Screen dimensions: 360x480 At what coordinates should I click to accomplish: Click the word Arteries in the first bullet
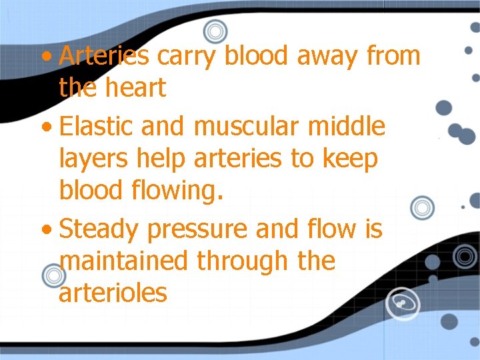coord(104,56)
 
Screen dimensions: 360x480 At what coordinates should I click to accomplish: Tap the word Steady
coord(100,229)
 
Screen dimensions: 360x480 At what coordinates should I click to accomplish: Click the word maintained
coord(124,261)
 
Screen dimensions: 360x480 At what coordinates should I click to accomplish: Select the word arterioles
coord(113,293)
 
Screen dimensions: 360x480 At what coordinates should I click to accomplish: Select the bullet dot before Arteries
coord(45,57)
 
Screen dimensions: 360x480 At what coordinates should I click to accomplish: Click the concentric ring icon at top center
coord(215,31)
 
